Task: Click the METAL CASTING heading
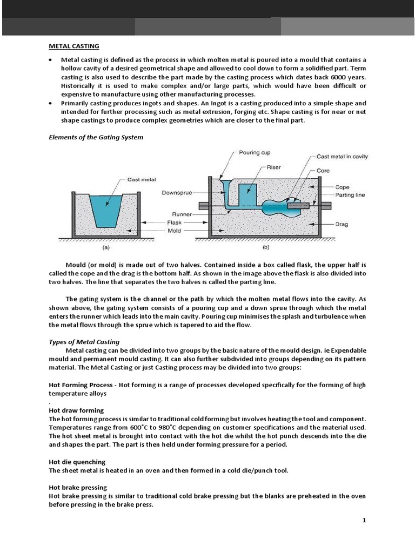pyautogui.click(x=74, y=46)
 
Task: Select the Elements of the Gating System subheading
pyautogui.click(x=96, y=137)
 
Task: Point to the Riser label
pyautogui.click(x=274, y=167)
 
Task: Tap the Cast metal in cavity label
pyautogui.click(x=342, y=157)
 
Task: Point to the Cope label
pyautogui.click(x=342, y=187)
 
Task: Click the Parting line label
pyautogui.click(x=350, y=195)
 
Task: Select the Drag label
pyautogui.click(x=342, y=224)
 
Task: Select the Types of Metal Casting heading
pyautogui.click(x=84, y=342)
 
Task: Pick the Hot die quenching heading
pyautogui.click(x=77, y=462)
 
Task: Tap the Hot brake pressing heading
pyautogui.click(x=78, y=488)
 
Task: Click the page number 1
pyautogui.click(x=364, y=521)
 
